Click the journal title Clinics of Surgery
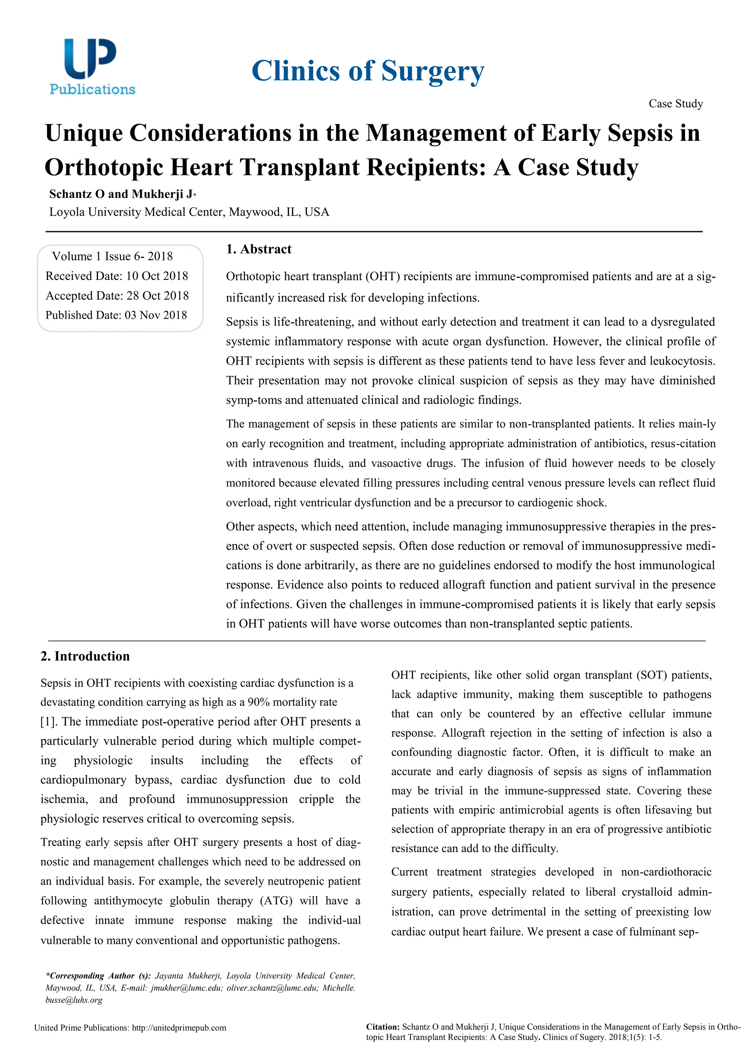coord(367,71)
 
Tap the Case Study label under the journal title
coord(675,104)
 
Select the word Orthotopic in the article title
coord(104,167)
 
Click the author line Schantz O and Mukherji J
coord(122,194)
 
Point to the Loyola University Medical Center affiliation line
coord(189,212)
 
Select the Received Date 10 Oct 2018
coord(117,276)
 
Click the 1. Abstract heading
coord(258,249)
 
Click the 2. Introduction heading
coord(85,656)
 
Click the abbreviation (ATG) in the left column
coord(276,901)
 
